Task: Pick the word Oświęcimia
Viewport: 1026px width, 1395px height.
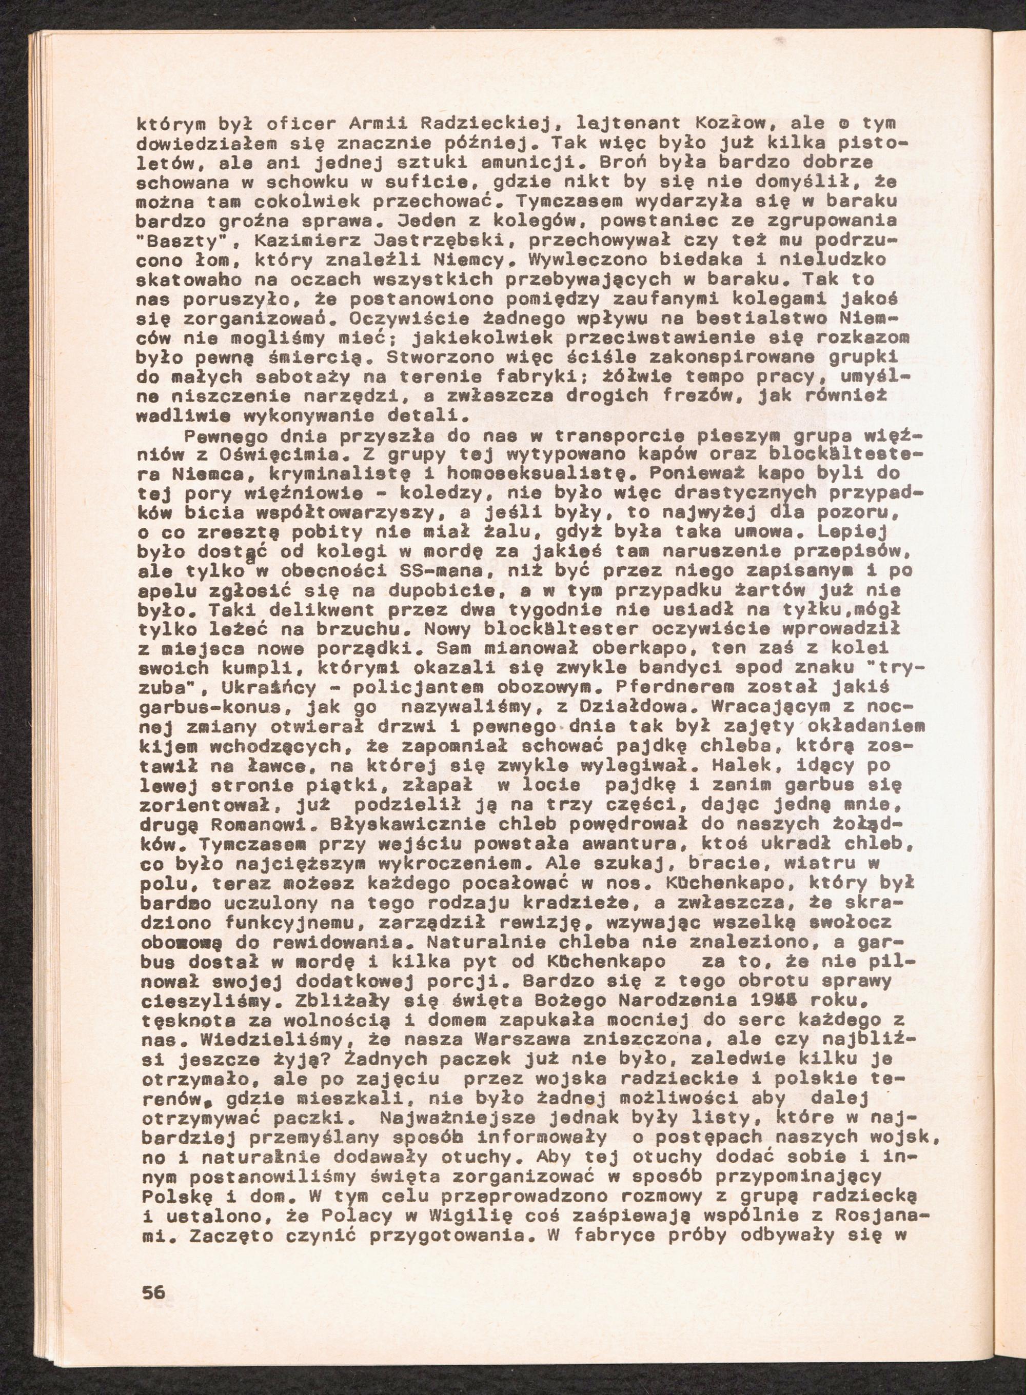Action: pyautogui.click(x=294, y=454)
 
